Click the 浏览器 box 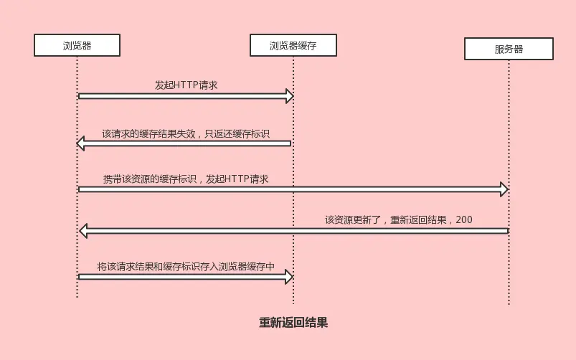[77, 46]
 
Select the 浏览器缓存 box [293, 46]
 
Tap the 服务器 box [509, 49]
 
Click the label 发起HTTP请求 [186, 85]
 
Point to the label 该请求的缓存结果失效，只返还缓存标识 [185, 133]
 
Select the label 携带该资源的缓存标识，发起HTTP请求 [185, 179]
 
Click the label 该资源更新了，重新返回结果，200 [398, 220]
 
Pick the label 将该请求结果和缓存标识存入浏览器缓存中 [186, 266]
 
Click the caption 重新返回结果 [293, 323]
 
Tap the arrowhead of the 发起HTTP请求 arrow [290, 96]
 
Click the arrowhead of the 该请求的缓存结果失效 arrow [81, 144]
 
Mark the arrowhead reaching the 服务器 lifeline [504, 189]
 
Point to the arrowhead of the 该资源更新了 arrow [82, 231]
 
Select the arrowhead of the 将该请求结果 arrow [290, 276]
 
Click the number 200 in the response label [463, 220]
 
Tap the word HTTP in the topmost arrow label [186, 85]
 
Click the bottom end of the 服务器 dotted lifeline [509, 303]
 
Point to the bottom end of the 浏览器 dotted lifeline [77, 296]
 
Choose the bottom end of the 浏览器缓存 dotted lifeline [293, 303]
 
